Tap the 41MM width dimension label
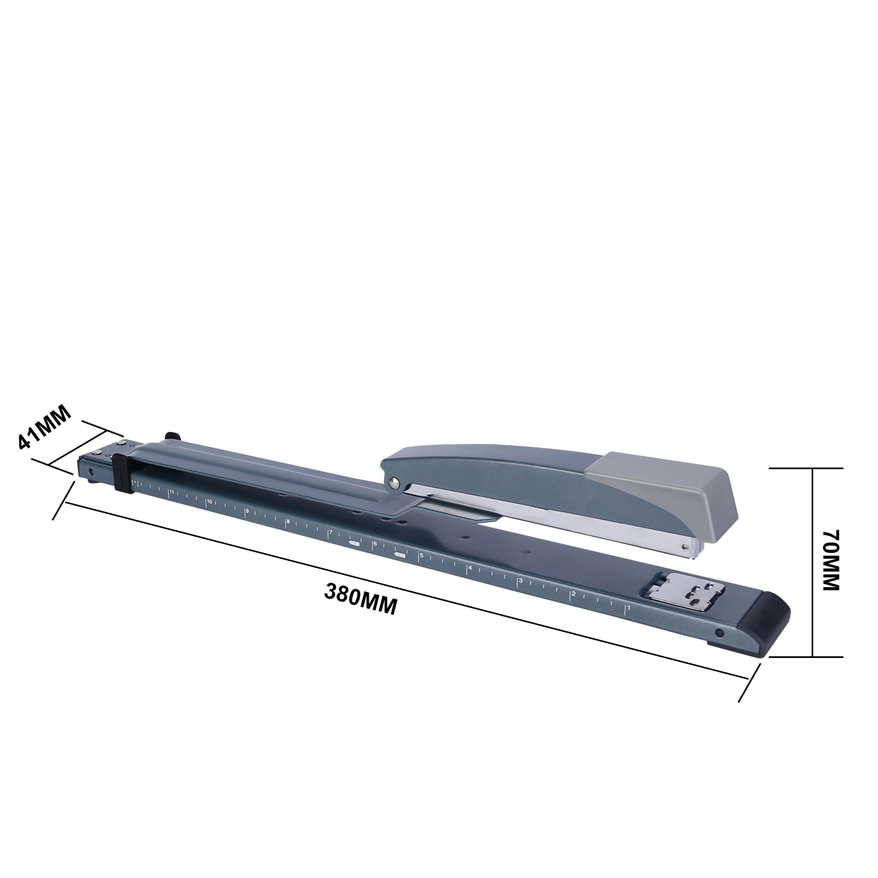point(45,426)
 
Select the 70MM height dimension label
point(832,560)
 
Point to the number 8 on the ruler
point(288,521)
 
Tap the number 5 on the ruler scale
point(421,556)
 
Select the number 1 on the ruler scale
point(628,607)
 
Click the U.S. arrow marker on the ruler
point(399,555)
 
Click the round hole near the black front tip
point(719,633)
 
